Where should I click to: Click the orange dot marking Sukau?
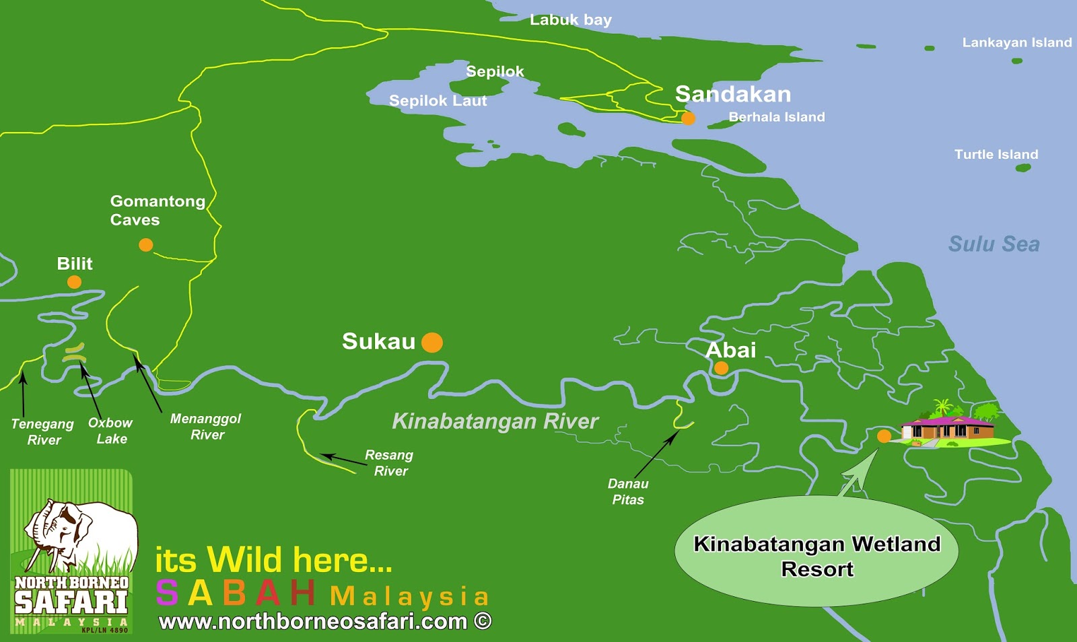point(432,343)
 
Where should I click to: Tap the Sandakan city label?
point(732,94)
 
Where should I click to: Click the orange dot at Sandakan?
point(688,118)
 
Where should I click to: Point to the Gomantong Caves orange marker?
point(146,245)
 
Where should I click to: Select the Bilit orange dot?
point(75,282)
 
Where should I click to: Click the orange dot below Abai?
point(721,368)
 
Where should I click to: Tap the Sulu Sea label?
point(994,244)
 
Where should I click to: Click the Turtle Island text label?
point(996,154)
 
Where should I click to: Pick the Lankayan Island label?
point(1016,42)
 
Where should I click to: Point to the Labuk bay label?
point(570,20)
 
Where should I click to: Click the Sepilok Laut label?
point(438,101)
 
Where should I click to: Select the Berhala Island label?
point(776,117)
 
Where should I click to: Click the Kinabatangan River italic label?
point(495,421)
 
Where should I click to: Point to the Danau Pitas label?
point(627,491)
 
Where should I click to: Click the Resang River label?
point(389,463)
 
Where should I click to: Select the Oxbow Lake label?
point(110,431)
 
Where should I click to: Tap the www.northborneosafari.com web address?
point(324,621)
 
